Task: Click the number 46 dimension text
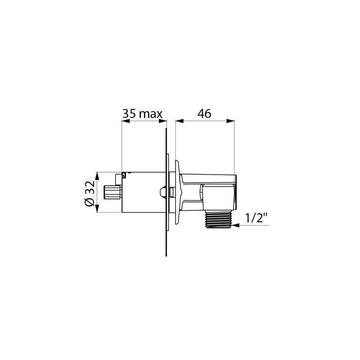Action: [x=204, y=113]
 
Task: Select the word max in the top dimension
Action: [x=150, y=114]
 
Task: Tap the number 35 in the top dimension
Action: [x=130, y=114]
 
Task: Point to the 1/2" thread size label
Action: [x=256, y=219]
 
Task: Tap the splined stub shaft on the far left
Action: [x=111, y=192]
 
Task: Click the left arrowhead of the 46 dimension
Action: [x=179, y=121]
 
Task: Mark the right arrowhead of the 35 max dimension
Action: [x=164, y=121]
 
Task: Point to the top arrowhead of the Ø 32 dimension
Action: [x=96, y=175]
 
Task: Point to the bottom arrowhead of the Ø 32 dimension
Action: [x=96, y=210]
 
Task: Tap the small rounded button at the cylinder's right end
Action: [x=162, y=192]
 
